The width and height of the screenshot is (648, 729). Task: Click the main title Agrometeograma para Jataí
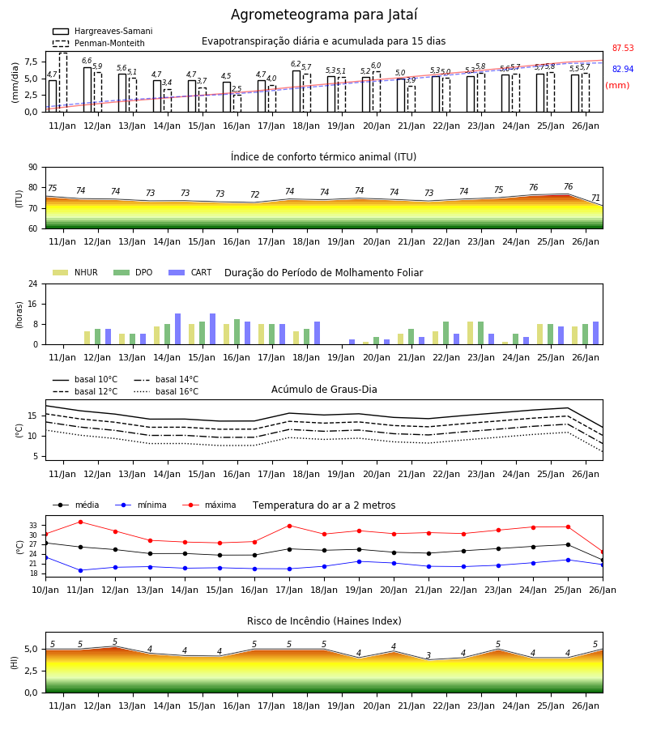324,15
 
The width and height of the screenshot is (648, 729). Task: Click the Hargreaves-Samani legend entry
102,31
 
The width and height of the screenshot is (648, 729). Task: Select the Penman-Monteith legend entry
99,43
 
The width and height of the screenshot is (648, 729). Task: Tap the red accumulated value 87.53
623,49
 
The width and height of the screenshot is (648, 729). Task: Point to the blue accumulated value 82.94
623,70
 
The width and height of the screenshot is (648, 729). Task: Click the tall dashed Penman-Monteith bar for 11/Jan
63,83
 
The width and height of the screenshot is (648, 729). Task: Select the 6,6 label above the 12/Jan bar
87,61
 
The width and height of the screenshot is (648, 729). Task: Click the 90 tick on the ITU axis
32,168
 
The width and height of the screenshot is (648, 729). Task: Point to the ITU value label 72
254,194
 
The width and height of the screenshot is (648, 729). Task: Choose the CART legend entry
190,272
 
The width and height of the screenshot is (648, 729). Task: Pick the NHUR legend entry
75,272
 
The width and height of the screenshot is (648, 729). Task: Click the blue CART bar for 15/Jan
212,329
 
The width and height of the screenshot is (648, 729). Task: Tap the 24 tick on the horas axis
32,284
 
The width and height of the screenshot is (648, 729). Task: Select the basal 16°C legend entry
166,391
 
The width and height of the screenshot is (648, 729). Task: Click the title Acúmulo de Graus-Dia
324,390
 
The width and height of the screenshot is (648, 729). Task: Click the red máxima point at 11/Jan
80,522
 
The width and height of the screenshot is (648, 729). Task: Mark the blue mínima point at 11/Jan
80,570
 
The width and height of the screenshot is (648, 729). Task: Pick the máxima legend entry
209,505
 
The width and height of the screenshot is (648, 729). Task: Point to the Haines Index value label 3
428,655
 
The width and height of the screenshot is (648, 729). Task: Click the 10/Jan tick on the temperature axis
45,590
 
